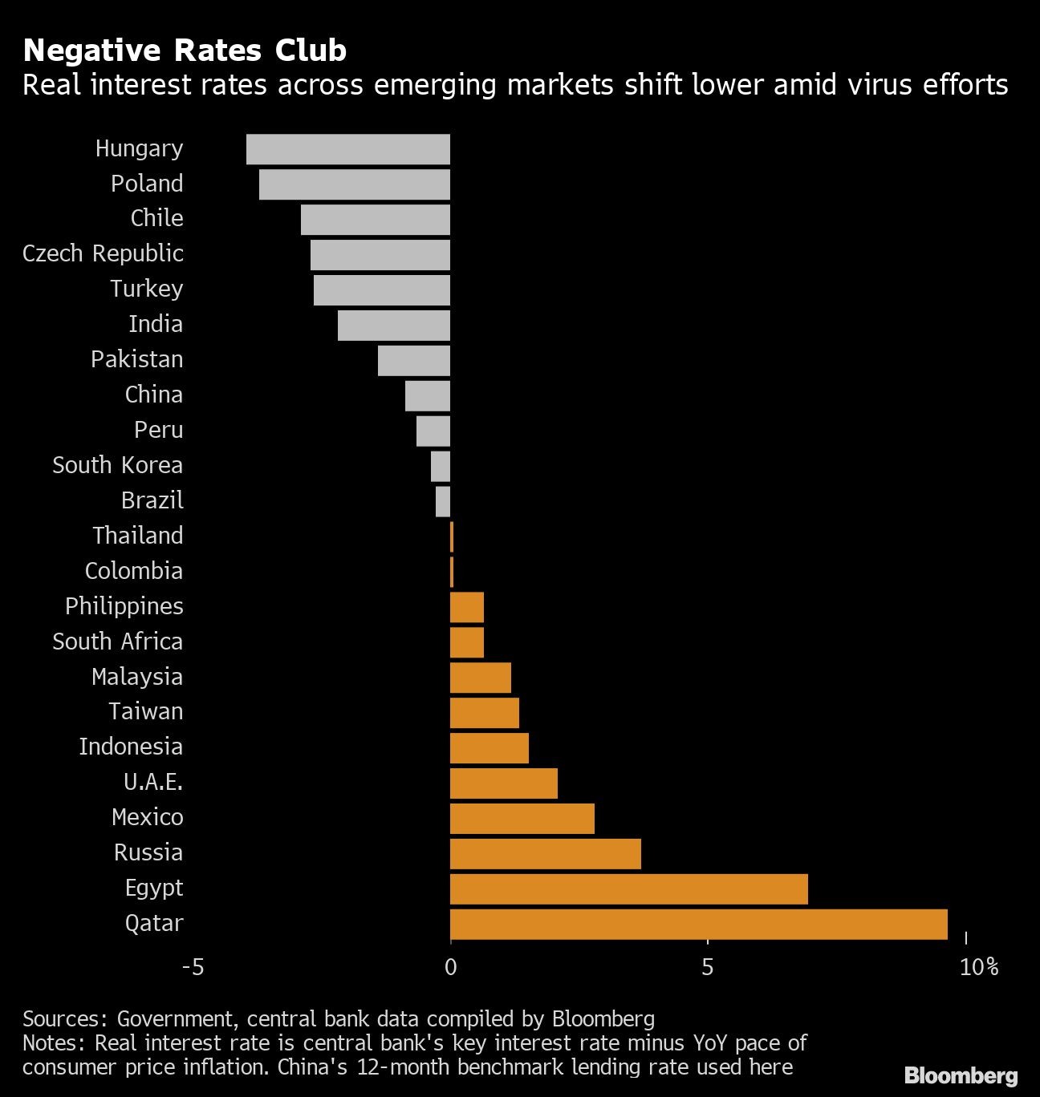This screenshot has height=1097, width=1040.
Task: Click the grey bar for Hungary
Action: tap(348, 149)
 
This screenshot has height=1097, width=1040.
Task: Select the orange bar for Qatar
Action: tap(698, 924)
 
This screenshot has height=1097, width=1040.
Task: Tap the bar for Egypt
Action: tap(628, 889)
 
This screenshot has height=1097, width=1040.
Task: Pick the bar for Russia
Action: tap(545, 853)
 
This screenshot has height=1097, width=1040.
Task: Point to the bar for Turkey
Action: tap(382, 289)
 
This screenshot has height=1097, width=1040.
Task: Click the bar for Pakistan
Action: tap(414, 360)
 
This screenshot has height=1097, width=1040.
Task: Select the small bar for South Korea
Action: tap(441, 466)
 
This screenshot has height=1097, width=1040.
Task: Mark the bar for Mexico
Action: tap(522, 818)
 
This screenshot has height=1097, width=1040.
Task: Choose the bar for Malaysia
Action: tap(480, 678)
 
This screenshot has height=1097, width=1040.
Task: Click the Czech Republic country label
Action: tap(103, 253)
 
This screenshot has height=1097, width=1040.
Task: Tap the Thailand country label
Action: tap(137, 536)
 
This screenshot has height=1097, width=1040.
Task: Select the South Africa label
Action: tap(117, 642)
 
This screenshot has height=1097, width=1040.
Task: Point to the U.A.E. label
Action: tap(152, 782)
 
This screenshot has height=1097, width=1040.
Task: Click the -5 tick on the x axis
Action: tap(193, 967)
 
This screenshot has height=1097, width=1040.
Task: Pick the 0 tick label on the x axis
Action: tap(450, 967)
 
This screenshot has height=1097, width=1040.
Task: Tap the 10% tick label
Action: tap(978, 967)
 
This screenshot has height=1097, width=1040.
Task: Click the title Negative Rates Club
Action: tap(185, 51)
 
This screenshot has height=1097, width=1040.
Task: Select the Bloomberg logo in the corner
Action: tap(961, 1075)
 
